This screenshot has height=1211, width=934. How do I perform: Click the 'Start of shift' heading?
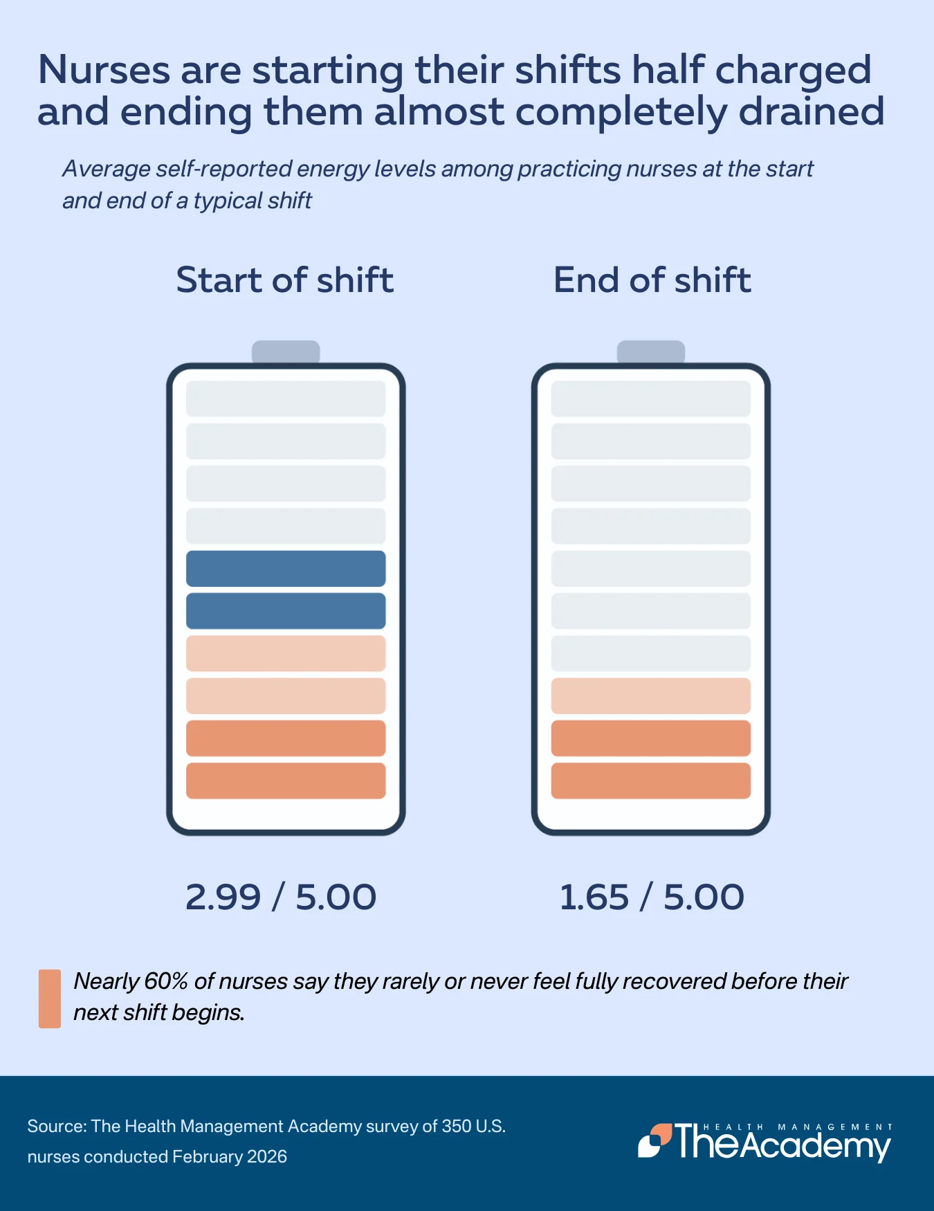tap(285, 280)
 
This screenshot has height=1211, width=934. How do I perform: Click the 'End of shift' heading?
tap(652, 280)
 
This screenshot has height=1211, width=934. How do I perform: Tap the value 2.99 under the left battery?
tap(223, 897)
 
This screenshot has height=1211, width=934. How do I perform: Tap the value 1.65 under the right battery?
tap(594, 897)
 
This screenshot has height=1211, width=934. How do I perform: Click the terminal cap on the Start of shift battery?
tap(286, 352)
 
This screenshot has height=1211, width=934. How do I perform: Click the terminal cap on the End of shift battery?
tap(651, 352)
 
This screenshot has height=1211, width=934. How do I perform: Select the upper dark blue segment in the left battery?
tap(286, 568)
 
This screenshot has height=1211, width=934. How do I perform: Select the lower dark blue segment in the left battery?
tap(286, 611)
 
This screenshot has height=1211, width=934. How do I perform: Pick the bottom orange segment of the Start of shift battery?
tap(286, 781)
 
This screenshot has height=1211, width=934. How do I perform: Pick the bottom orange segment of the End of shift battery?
tap(651, 781)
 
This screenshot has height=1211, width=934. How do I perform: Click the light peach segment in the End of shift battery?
tap(651, 696)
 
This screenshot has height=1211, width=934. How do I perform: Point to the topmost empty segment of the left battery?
tap(286, 399)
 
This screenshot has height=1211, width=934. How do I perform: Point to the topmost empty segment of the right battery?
tap(651, 399)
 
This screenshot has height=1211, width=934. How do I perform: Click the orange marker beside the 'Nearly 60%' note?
tap(50, 999)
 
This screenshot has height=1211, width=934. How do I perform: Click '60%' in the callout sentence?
tap(167, 981)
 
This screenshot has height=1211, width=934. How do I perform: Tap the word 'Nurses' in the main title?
tap(104, 70)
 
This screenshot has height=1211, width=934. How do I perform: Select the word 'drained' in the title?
tap(811, 112)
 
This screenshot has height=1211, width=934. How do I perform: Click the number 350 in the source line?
tap(457, 1126)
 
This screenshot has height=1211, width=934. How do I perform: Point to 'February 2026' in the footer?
tap(230, 1156)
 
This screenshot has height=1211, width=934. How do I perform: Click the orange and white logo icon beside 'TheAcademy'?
tap(654, 1140)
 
